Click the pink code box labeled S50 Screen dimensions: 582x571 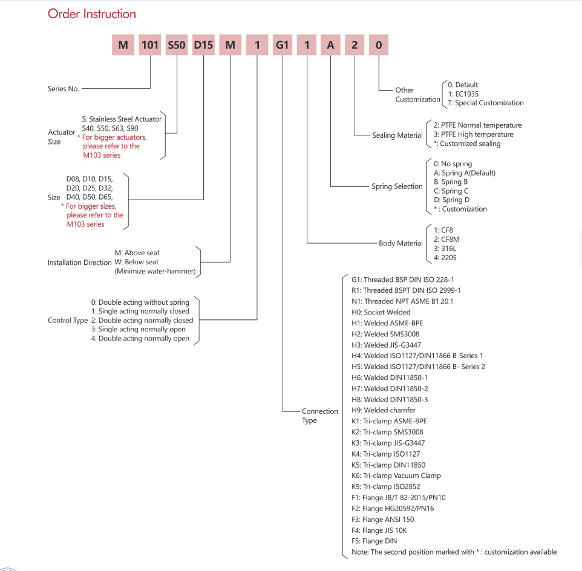pos(177,45)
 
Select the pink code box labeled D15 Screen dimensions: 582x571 pos(203,45)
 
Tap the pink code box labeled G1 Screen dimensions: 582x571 pos(282,45)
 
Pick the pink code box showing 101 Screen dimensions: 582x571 pos(150,45)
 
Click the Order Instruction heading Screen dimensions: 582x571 pos(92,14)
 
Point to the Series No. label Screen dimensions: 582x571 pos(64,89)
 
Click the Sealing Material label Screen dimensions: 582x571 pos(397,135)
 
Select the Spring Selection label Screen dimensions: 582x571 pos(397,186)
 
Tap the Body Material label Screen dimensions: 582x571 pos(401,243)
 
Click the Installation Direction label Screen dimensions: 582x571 pos(79,263)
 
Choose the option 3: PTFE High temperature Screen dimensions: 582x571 pos(473,134)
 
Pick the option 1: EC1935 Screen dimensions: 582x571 pos(463,94)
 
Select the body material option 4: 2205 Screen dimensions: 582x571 pos(445,258)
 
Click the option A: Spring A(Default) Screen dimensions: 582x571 pos(465,173)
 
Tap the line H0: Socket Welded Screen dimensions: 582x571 pos(381,312)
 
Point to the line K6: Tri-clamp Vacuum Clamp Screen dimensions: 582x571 pos(396,475)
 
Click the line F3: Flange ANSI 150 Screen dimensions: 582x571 pos(383,520)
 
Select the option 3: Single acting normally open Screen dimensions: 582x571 pos(139,330)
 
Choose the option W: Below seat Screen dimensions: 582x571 pos(137,262)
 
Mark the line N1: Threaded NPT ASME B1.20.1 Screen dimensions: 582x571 pos(402,301)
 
